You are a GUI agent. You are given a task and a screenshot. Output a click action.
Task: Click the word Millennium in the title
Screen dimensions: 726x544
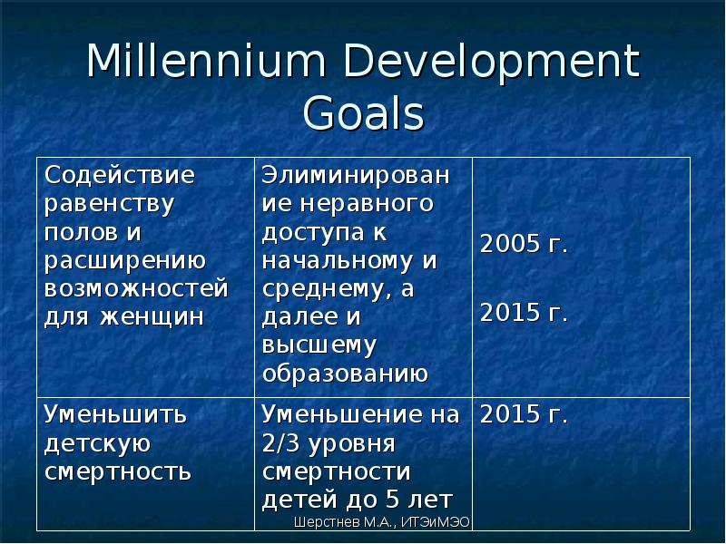(x=206, y=61)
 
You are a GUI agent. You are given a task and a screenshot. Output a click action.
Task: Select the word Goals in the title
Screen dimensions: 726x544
(x=364, y=112)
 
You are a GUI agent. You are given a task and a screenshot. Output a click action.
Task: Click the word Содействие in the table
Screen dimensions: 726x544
(x=120, y=175)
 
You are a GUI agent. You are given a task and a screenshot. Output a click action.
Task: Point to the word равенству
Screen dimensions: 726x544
(x=109, y=205)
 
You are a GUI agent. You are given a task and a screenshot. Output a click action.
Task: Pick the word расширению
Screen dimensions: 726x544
(x=125, y=261)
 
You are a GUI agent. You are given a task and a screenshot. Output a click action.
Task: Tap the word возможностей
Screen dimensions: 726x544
(x=137, y=288)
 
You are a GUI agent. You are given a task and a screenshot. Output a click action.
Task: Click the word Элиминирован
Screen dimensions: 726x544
(x=356, y=175)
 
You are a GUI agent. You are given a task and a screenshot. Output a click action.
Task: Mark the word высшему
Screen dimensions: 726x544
(x=319, y=346)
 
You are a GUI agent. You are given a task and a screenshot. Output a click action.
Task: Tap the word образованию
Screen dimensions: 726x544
(x=345, y=374)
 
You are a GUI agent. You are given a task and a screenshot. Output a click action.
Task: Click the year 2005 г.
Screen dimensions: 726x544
(x=524, y=244)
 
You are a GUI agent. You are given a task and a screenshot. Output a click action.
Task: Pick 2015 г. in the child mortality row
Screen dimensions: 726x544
(x=524, y=414)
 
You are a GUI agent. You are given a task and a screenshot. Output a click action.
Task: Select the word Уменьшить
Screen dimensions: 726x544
(x=115, y=414)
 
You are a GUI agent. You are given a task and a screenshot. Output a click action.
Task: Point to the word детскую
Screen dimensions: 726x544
(x=98, y=444)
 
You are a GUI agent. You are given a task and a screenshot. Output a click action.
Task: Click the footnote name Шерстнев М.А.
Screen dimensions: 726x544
(x=345, y=523)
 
